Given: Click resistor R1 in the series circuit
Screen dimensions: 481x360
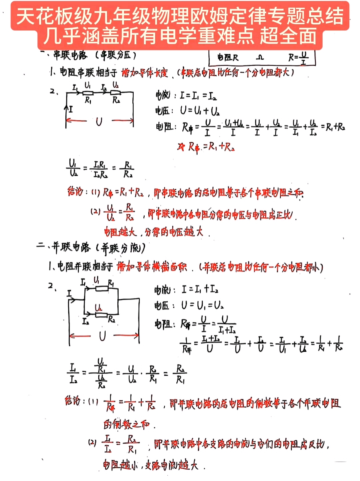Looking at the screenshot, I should tap(87, 93).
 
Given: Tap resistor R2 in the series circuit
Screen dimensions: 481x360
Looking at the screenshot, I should tap(115, 93).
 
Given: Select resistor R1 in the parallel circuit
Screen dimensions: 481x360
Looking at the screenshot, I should tap(102, 288).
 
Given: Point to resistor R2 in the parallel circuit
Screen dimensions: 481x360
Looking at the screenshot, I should tap(101, 314).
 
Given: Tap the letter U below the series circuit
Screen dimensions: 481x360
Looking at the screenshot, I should tap(99, 122).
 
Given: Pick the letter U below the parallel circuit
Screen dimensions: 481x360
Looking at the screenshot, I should tap(102, 336).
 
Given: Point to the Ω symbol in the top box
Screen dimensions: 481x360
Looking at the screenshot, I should tap(260, 58).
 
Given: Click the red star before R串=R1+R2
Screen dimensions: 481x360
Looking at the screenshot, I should tap(181, 147).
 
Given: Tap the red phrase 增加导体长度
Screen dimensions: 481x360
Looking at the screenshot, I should tap(144, 73).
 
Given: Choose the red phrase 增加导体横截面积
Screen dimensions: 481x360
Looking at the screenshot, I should tap(152, 267).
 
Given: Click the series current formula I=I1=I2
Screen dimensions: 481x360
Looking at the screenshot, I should tap(198, 96).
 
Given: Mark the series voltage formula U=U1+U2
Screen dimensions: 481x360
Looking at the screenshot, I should tap(200, 110).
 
